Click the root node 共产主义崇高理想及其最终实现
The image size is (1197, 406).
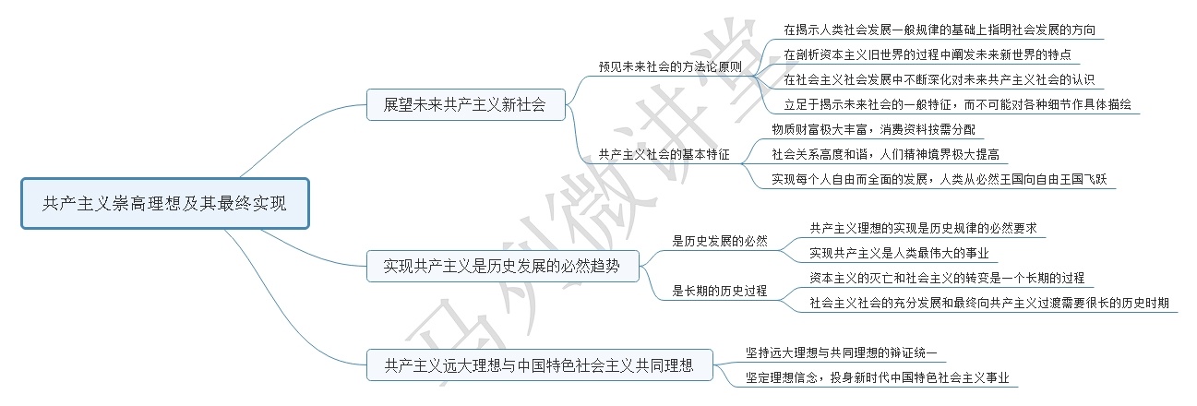tap(164, 204)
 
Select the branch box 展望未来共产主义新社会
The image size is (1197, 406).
tap(463, 105)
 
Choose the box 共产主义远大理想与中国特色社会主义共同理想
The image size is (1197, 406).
tap(538, 365)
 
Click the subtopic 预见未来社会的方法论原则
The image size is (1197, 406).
tap(669, 66)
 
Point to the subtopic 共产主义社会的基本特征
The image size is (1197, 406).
tap(664, 155)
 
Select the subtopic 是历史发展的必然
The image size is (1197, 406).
tap(720, 241)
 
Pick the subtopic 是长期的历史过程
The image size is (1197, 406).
tap(720, 291)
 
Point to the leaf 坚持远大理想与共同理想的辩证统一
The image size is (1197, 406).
tap(841, 352)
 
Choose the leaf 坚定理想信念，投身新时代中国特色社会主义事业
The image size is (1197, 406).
tap(877, 378)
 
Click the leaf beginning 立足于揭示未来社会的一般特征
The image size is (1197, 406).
tap(957, 104)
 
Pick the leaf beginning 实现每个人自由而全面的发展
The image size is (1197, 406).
tap(942, 179)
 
